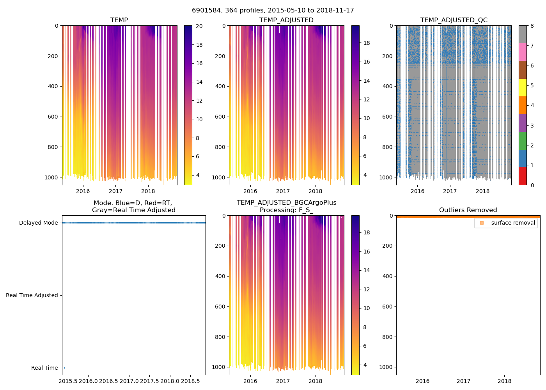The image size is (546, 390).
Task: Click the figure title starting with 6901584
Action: click(273, 11)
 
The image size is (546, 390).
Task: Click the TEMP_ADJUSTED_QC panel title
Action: click(454, 20)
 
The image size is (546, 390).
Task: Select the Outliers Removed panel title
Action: click(468, 210)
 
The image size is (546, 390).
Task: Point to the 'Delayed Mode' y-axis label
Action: click(38, 223)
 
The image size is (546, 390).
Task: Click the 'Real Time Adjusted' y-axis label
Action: click(32, 295)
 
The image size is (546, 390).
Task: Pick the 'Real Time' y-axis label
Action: click(44, 368)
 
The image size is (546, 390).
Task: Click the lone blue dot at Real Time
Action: click(64, 368)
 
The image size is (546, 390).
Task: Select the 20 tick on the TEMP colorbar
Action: click(199, 26)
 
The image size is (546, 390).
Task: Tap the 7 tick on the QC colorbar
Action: click(532, 46)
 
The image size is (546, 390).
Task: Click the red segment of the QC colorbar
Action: click(523, 176)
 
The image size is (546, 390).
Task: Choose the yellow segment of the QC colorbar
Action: click(523, 87)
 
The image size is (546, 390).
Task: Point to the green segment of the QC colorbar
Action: click(523, 141)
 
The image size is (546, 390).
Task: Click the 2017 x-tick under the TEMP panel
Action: click(115, 191)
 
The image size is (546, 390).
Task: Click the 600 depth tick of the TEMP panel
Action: click(53, 117)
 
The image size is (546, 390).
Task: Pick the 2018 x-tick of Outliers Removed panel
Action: click(504, 381)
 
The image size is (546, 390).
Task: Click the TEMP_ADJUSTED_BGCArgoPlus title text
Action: click(286, 203)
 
